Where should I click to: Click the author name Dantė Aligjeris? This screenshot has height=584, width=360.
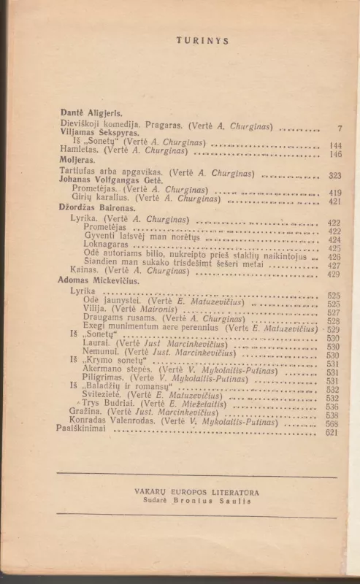tap(91, 114)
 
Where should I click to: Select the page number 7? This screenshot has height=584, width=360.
tap(340, 128)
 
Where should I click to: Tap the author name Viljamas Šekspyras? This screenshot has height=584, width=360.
tap(96, 133)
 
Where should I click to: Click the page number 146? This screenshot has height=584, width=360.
tap(335, 154)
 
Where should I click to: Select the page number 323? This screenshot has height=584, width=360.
tap(335, 176)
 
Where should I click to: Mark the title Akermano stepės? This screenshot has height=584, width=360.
tap(118, 371)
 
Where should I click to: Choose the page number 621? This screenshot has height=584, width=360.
tap(332, 432)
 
